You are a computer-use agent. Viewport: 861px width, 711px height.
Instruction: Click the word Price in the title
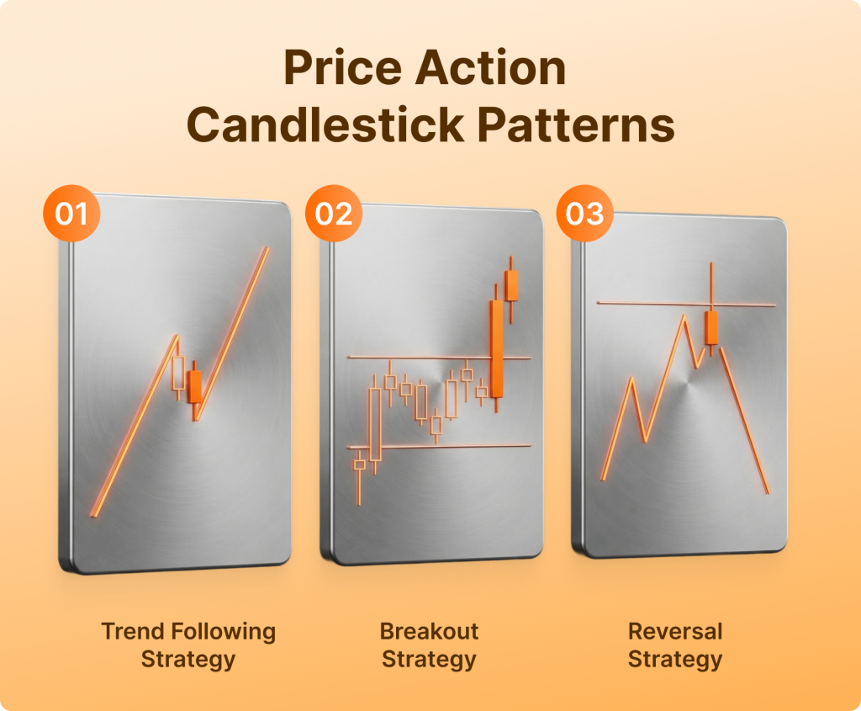(x=343, y=67)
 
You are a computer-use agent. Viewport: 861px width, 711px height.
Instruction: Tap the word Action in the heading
(x=490, y=67)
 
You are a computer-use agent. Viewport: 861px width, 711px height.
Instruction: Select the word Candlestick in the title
(x=325, y=125)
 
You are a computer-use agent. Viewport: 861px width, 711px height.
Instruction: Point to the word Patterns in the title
(x=575, y=125)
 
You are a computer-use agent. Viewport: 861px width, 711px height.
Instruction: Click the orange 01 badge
(x=71, y=213)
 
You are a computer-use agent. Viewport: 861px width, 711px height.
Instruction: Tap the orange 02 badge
(x=334, y=213)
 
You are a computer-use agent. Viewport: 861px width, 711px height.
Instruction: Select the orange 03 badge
(x=585, y=213)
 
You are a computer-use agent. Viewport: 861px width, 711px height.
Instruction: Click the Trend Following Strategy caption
(x=188, y=645)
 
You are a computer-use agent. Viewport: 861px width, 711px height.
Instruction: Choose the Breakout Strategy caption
(x=429, y=645)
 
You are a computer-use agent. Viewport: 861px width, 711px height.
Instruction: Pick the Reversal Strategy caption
(x=675, y=645)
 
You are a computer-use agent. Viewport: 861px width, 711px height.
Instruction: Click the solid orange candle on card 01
(x=194, y=387)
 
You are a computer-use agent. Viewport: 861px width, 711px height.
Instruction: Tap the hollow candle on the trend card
(x=178, y=374)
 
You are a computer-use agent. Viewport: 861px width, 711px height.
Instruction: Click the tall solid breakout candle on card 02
(x=496, y=348)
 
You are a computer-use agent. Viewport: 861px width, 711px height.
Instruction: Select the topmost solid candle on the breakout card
(x=511, y=286)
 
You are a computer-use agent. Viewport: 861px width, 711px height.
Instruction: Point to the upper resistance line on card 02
(x=439, y=358)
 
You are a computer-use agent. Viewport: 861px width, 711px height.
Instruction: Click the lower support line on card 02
(x=439, y=446)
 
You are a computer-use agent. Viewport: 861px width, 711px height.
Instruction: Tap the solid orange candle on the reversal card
(x=711, y=328)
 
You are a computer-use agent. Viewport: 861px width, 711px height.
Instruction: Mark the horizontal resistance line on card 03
(x=686, y=304)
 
